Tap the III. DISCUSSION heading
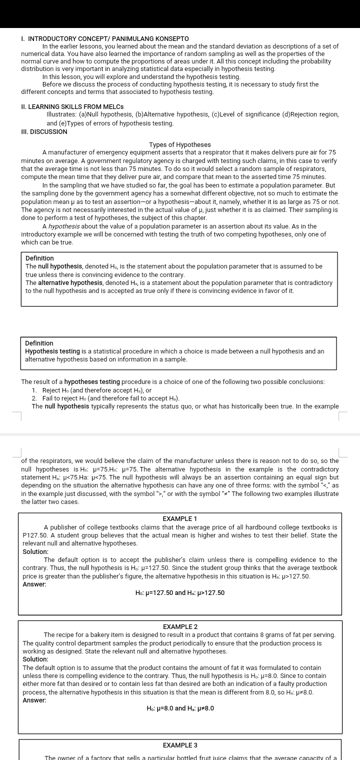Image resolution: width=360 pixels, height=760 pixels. pyautogui.click(x=44, y=131)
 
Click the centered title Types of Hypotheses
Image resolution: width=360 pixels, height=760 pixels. pyautogui.click(x=179, y=144)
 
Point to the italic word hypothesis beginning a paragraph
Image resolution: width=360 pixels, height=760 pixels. pyautogui.click(x=64, y=226)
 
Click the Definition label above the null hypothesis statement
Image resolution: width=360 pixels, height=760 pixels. pyautogui.click(x=39, y=258)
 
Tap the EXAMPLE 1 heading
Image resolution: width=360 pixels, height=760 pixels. pyautogui.click(x=180, y=518)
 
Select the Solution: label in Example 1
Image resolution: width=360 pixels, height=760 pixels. pyautogui.click(x=35, y=551)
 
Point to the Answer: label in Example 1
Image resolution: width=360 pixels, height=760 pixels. pyautogui.click(x=34, y=584)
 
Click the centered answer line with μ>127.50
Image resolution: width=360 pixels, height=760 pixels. pyautogui.click(x=180, y=592)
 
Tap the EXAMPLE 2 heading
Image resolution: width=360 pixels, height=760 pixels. pyautogui.click(x=180, y=626)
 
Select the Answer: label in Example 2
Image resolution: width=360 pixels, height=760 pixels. pyautogui.click(x=34, y=700)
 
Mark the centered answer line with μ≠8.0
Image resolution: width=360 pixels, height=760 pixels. pyautogui.click(x=180, y=708)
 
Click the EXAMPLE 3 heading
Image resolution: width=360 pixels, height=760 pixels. pyautogui.click(x=180, y=745)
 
